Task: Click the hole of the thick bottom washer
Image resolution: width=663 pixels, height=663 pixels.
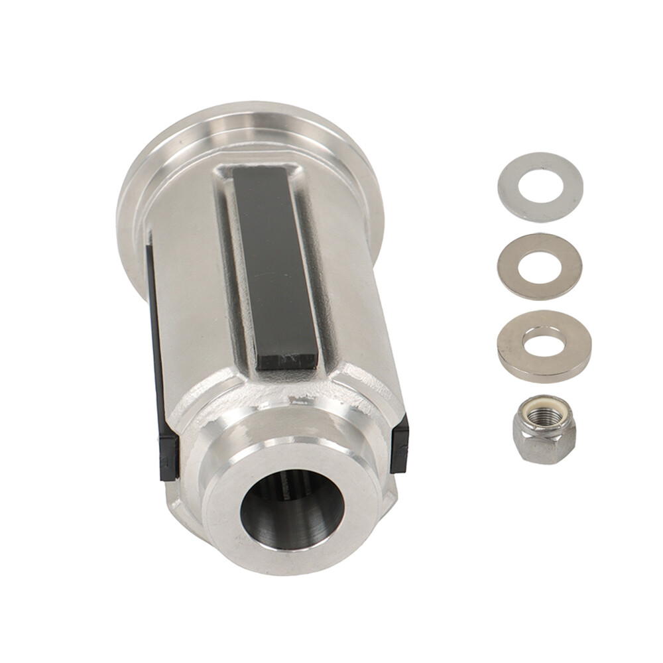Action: point(544,341)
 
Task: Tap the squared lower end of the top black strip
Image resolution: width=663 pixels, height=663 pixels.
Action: point(285,358)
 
